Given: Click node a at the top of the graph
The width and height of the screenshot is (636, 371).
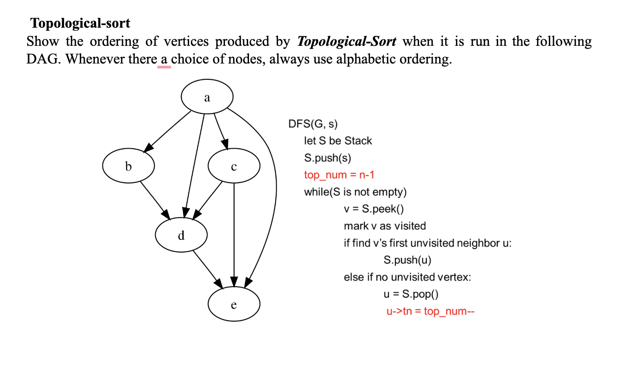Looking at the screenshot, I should (x=207, y=97).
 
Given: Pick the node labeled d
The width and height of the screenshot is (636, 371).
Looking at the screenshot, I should (x=181, y=235).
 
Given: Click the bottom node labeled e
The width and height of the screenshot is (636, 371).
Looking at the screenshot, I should (x=234, y=304).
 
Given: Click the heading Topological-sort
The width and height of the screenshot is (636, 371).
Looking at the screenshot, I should (x=80, y=23).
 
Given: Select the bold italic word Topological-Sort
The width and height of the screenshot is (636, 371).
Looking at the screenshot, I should (x=347, y=42).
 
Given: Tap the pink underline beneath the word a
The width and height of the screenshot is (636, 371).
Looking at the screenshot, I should (x=164, y=67).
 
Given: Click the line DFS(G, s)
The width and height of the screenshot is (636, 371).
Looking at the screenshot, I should (x=313, y=123).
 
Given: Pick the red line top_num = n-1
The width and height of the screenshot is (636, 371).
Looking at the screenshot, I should (x=339, y=175).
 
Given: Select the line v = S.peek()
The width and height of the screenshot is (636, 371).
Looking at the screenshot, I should (x=373, y=209).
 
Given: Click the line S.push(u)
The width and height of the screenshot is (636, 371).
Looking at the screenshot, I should (x=407, y=260).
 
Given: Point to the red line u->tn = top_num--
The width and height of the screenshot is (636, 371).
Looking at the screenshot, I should (x=430, y=312).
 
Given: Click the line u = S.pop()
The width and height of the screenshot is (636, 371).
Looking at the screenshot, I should (x=411, y=294).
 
